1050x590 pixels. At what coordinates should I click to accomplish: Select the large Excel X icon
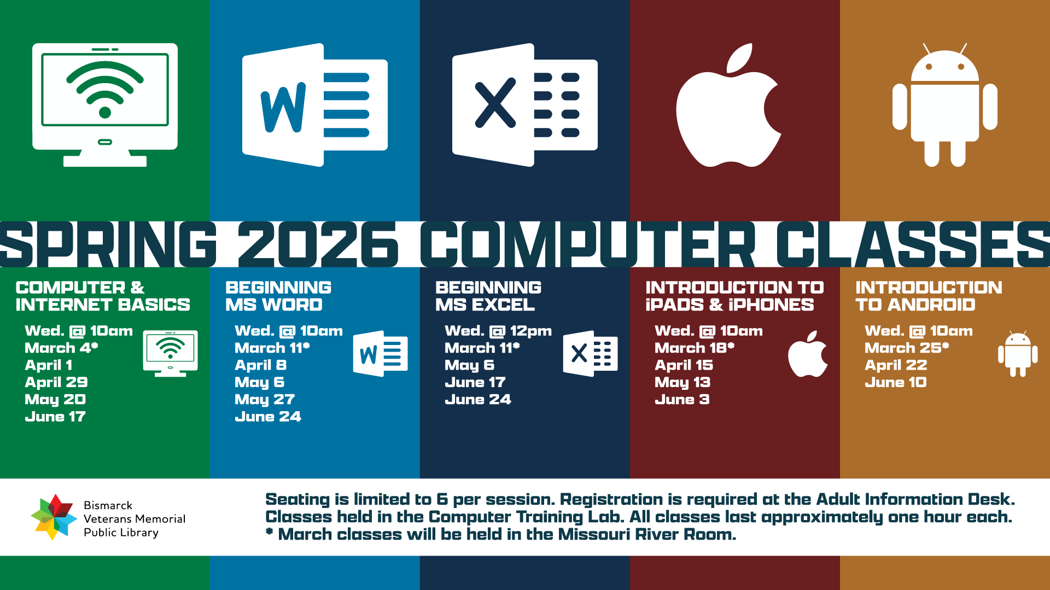pyautogui.click(x=524, y=105)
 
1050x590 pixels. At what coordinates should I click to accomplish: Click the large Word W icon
pyautogui.click(x=314, y=105)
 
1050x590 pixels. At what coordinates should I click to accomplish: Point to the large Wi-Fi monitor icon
pyautogui.click(x=105, y=104)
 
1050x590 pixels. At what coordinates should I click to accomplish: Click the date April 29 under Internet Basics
pyautogui.click(x=56, y=382)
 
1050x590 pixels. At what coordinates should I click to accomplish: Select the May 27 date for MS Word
pyautogui.click(x=265, y=400)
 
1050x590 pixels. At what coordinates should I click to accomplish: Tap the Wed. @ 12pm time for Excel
pyautogui.click(x=498, y=331)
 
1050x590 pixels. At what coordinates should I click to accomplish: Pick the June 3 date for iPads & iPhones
pyautogui.click(x=682, y=400)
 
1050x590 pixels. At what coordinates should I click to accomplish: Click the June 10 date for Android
pyautogui.click(x=896, y=382)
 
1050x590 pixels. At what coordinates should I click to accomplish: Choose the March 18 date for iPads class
pyautogui.click(x=694, y=348)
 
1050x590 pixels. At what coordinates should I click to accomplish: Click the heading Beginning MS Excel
pyautogui.click(x=488, y=296)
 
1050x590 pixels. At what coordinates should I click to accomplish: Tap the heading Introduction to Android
pyautogui.click(x=929, y=296)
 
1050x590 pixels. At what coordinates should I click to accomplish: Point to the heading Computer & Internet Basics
pyautogui.click(x=102, y=296)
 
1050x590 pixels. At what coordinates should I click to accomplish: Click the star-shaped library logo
pyautogui.click(x=54, y=517)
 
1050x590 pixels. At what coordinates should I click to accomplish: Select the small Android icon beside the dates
pyautogui.click(x=1018, y=354)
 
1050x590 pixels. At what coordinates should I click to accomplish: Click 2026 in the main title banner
pyautogui.click(x=318, y=244)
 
